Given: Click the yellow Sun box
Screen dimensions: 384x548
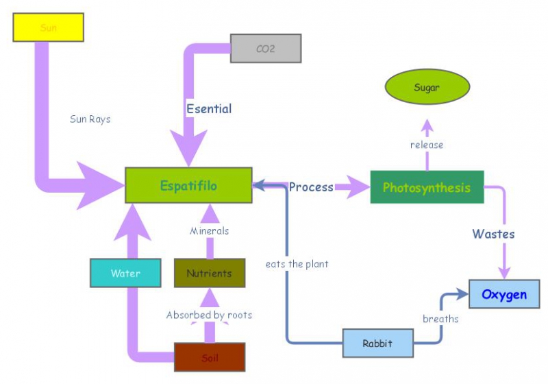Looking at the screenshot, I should pos(48,27).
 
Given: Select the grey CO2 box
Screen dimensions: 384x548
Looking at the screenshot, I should pos(265,49).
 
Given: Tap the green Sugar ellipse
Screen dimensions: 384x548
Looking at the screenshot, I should pos(427,88).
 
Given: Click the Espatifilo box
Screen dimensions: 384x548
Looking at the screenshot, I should pos(188,185).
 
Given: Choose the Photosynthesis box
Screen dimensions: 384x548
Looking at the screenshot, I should pos(427,187).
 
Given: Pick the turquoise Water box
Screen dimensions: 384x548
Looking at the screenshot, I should pos(125,273).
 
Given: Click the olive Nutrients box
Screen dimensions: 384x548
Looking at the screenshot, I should pos(209,273).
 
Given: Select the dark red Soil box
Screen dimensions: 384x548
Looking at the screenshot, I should pos(210,357).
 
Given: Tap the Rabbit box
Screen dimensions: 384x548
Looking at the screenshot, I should pos(378,343).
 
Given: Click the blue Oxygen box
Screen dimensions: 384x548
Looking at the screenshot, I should pos(504,294).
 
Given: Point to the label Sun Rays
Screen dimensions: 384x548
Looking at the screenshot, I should pos(90,119).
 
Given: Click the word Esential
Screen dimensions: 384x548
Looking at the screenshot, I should pos(209,108).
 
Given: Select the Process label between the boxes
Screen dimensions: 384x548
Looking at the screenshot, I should pos(311,187).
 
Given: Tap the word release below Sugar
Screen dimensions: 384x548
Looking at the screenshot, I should pos(427,145).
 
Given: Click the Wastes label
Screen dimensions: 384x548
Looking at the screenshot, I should pos(493,234).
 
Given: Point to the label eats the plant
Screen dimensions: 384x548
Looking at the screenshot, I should pos(297,263).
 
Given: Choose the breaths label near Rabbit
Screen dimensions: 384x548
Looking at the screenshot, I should pos(440,319).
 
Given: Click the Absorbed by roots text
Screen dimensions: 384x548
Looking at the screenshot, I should pos(209,315).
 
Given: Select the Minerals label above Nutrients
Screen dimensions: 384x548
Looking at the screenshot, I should pos(209,231).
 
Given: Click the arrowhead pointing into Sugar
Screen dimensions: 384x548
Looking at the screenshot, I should pos(427,126).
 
